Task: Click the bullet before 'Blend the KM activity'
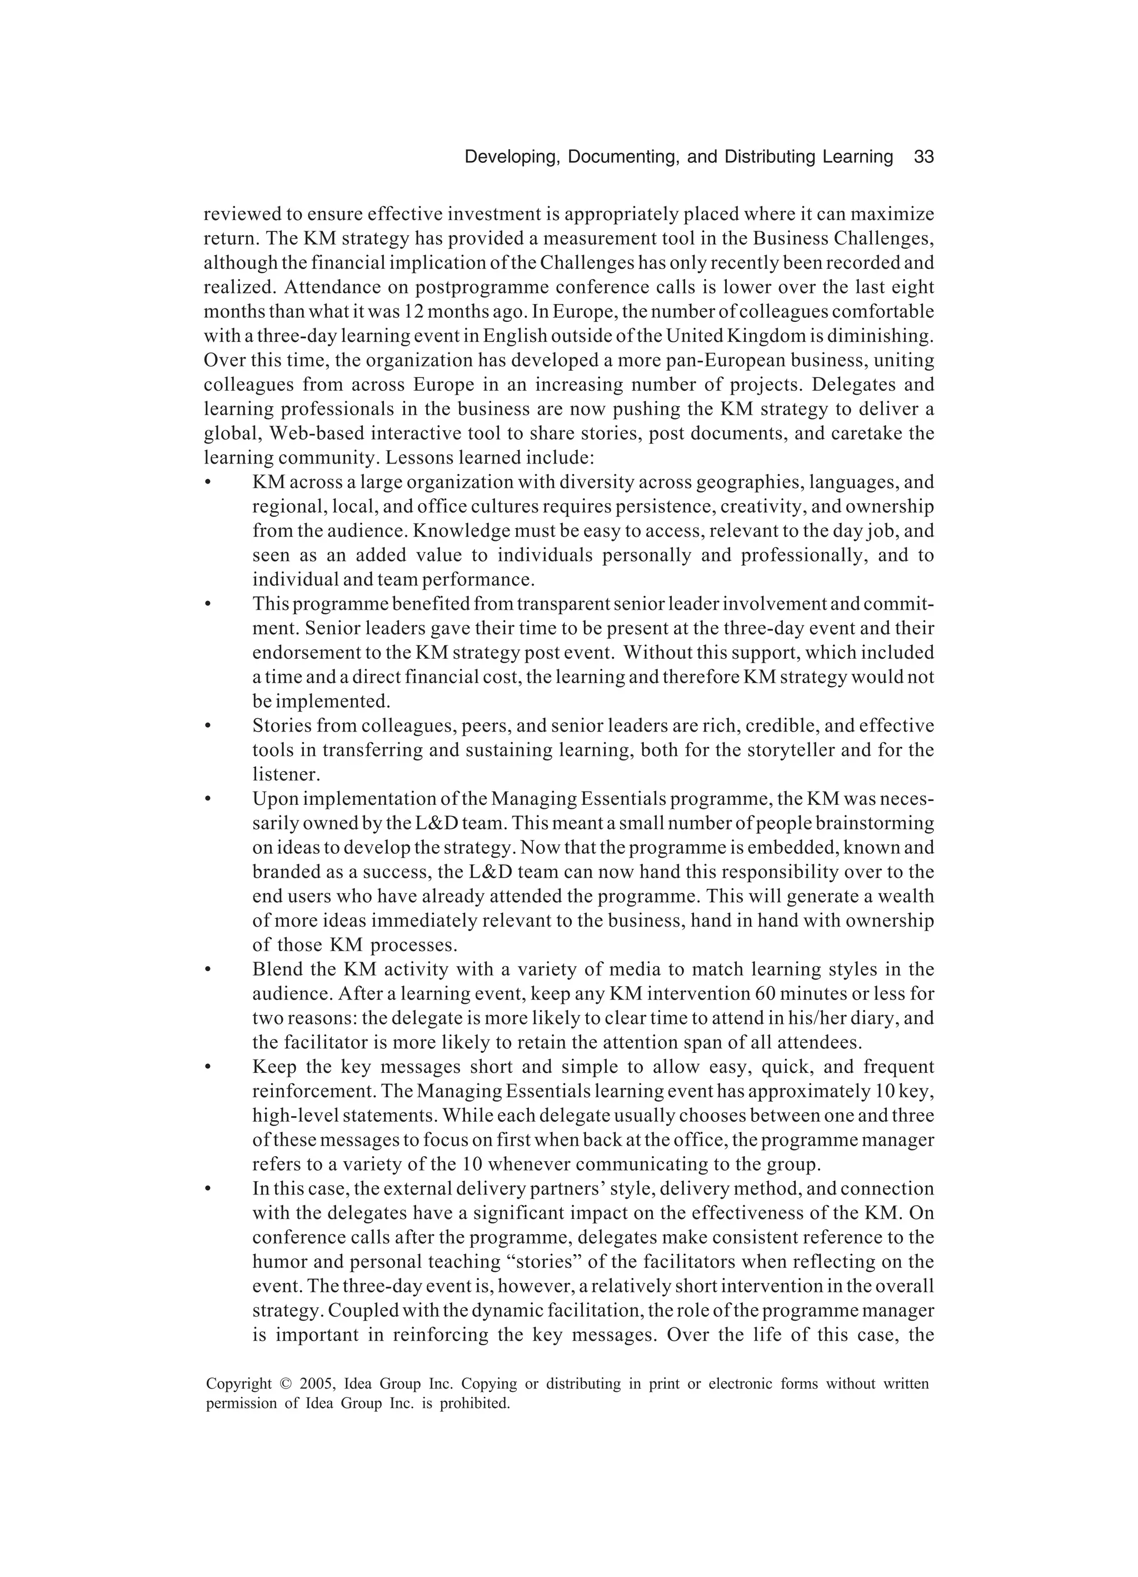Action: [x=207, y=970]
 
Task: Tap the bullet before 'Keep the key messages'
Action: [x=207, y=1067]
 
